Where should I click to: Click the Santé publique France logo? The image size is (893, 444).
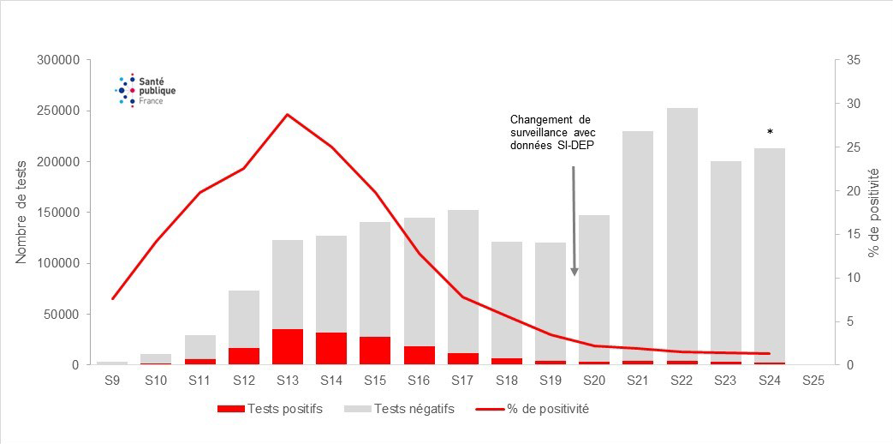click(x=140, y=90)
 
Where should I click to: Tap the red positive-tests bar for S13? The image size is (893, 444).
click(x=288, y=346)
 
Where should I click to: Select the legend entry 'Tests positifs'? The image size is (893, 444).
click(x=271, y=409)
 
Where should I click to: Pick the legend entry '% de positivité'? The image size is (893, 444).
click(x=532, y=409)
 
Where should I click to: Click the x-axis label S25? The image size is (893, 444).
click(x=814, y=381)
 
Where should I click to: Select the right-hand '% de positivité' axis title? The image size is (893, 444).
click(x=872, y=213)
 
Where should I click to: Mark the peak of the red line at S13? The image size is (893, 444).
click(x=288, y=114)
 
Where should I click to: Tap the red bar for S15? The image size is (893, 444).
click(x=375, y=351)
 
